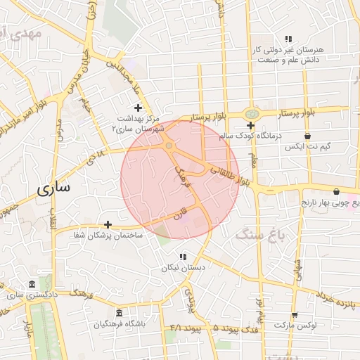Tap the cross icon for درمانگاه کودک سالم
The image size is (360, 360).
pyautogui.click(x=250, y=125)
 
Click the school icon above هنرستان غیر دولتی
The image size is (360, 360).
pyautogui.click(x=288, y=39)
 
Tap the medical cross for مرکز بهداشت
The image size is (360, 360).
pyautogui.click(x=138, y=108)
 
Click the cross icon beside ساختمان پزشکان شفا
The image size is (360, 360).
pyautogui.click(x=108, y=224)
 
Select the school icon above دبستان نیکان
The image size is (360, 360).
pyautogui.click(x=183, y=257)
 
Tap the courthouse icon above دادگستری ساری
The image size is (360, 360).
pyautogui.click(x=32, y=285)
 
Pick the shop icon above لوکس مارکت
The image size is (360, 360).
pyautogui.click(x=294, y=315)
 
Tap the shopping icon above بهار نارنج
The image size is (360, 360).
pyautogui.click(x=336, y=191)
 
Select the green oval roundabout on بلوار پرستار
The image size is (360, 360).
pyautogui.click(x=252, y=113)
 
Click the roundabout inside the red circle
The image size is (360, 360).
pyautogui.click(x=169, y=146)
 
